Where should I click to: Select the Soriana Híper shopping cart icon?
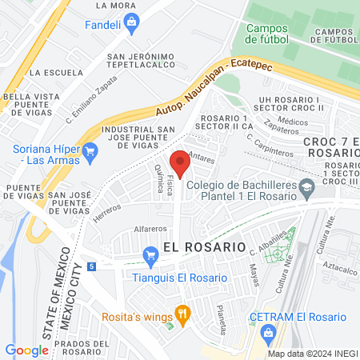(90, 149)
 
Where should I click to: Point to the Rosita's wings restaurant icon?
(182, 314)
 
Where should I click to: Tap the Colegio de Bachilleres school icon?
(306, 189)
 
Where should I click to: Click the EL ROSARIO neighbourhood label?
(203, 247)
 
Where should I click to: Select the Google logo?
(26, 350)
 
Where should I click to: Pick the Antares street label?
(205, 158)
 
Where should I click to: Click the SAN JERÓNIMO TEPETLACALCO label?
(141, 62)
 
